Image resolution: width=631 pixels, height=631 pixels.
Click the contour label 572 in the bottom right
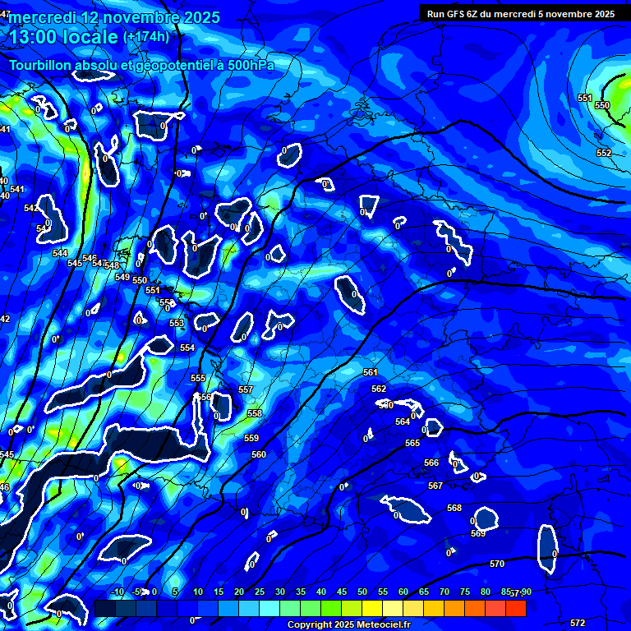coord(578,623)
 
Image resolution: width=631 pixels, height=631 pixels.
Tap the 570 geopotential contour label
coord(496,564)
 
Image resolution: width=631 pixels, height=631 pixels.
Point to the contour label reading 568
coord(454,508)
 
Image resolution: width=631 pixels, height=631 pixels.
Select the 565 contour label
coord(412,443)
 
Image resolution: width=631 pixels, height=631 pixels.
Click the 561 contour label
coord(371,372)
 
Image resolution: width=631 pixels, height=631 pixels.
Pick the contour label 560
coord(259,454)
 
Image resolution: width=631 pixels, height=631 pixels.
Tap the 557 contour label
coord(246,389)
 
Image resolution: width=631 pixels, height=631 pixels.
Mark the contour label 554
coord(187,348)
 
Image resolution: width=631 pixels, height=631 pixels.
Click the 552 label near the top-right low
coord(604,153)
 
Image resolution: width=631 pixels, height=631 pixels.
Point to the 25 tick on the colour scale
coord(260,592)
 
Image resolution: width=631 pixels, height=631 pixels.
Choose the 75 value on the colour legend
coord(465,592)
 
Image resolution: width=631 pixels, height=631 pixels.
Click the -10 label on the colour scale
coord(117,592)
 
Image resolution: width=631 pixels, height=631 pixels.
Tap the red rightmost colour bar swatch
coord(516,608)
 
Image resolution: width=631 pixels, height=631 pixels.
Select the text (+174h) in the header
coord(146,36)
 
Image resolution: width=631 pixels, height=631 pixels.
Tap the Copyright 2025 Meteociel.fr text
coord(348,625)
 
